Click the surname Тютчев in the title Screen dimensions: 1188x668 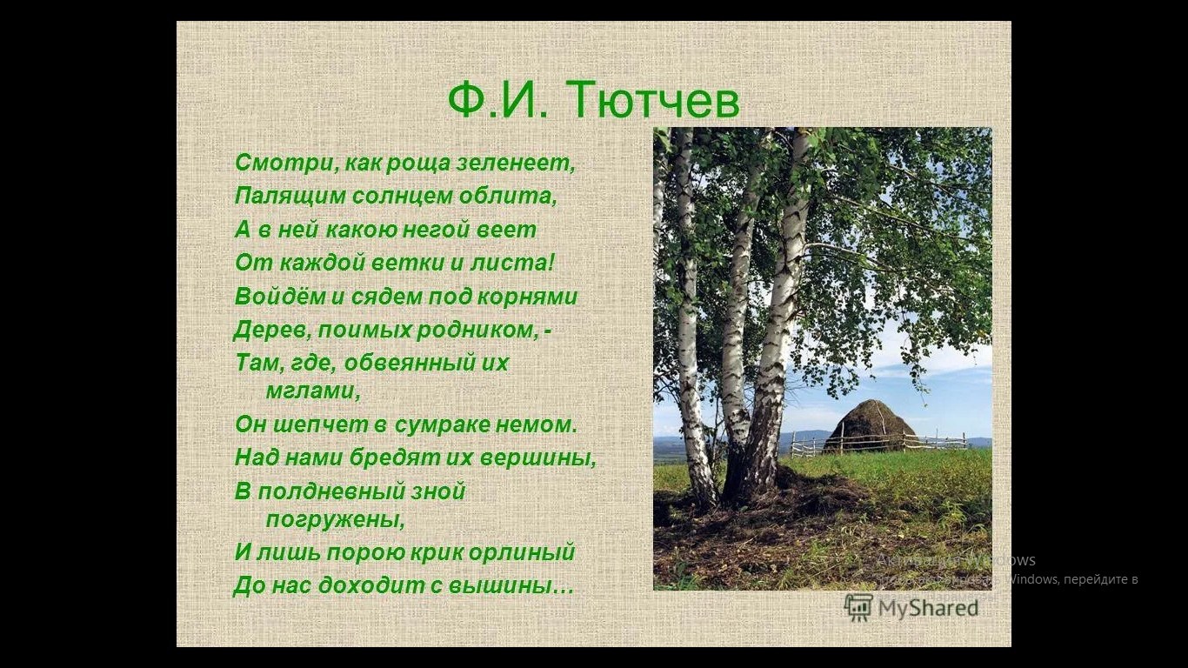click(655, 100)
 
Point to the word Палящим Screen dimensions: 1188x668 click(290, 196)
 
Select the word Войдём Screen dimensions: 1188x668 click(279, 296)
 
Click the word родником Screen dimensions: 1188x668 click(477, 330)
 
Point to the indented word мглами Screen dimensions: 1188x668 click(313, 391)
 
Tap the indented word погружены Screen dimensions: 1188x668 click(335, 519)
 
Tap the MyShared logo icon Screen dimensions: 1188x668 click(858, 607)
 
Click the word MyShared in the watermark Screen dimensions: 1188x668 click(928, 608)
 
